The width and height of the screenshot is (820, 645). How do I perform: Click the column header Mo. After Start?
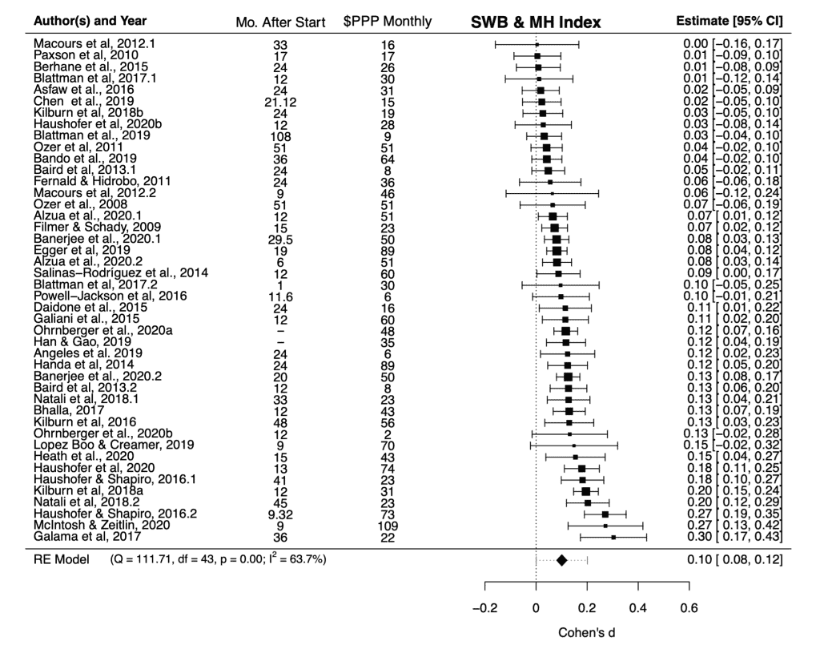pyautogui.click(x=279, y=22)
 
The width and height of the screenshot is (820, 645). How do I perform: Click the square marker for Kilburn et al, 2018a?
pyautogui.click(x=586, y=491)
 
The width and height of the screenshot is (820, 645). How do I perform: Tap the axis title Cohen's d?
pyautogui.click(x=587, y=633)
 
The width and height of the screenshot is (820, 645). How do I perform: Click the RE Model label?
pyautogui.click(x=57, y=559)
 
